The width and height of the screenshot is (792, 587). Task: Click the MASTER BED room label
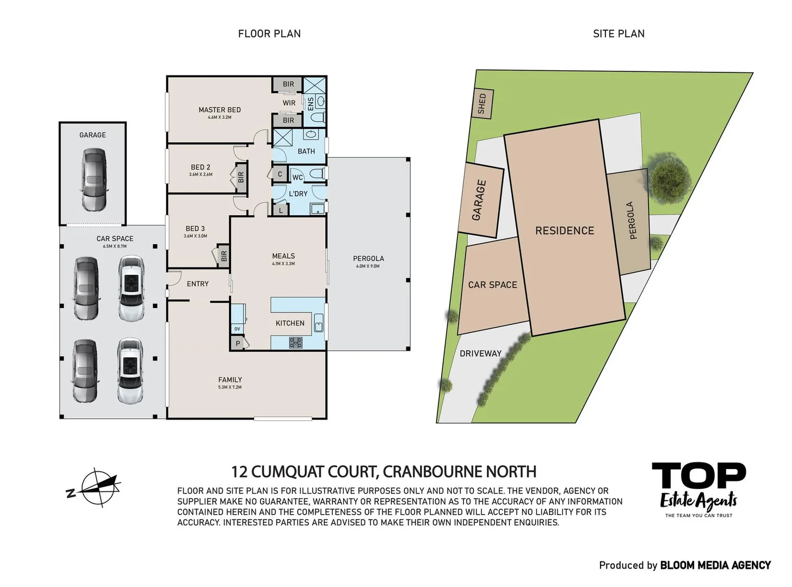(x=219, y=110)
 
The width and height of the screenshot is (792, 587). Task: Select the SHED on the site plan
(x=482, y=103)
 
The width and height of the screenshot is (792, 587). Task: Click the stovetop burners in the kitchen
(x=295, y=342)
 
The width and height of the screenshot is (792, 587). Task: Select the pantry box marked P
(x=238, y=343)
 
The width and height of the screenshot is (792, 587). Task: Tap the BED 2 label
(x=200, y=167)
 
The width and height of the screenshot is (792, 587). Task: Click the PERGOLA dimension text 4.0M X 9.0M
(x=368, y=266)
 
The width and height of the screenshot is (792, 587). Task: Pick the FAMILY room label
(x=230, y=380)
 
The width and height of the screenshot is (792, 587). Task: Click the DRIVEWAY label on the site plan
(x=480, y=353)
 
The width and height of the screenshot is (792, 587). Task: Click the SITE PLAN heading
(x=618, y=34)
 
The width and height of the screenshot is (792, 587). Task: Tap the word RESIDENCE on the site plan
(x=565, y=230)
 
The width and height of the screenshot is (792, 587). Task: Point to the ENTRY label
(x=197, y=284)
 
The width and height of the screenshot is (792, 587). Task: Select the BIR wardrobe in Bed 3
(x=224, y=255)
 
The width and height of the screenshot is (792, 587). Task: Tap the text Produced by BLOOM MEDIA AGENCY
(x=685, y=565)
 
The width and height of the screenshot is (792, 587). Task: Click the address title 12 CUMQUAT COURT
(x=383, y=471)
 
